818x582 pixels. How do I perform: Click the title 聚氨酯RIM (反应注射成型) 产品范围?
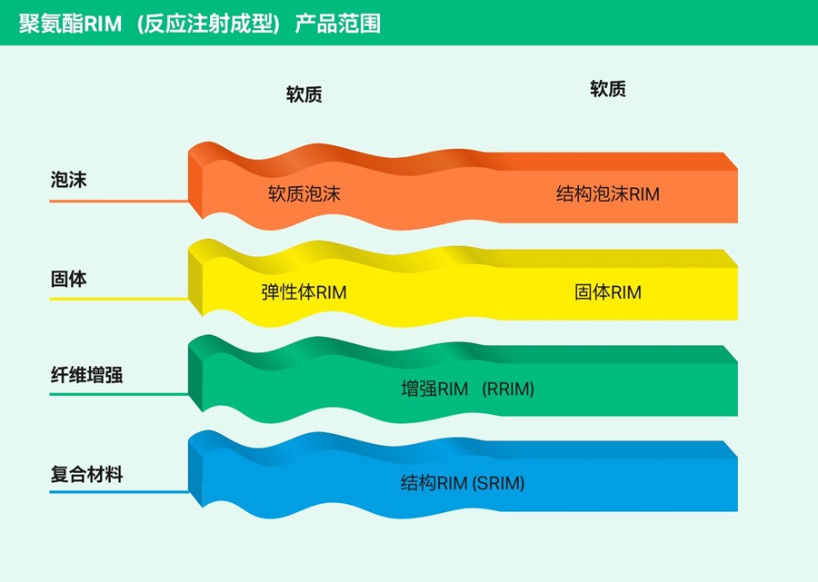[200, 24]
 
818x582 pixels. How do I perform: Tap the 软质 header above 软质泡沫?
[304, 94]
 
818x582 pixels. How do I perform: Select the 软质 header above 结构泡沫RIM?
[608, 89]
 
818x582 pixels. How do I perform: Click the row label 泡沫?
[68, 180]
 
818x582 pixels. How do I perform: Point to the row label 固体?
[68, 279]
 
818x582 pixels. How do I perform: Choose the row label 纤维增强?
[86, 375]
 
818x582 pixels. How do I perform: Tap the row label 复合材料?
[86, 474]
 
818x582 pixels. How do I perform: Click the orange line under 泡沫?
[119, 201]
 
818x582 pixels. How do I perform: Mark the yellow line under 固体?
[119, 299]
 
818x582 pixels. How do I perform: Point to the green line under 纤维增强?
[119, 394]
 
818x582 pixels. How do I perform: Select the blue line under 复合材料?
[119, 491]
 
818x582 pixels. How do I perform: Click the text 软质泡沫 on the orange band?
[304, 193]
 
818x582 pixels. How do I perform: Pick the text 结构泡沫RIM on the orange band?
[608, 193]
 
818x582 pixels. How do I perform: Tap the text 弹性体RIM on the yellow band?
[304, 291]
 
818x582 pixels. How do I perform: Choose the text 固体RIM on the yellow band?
[608, 291]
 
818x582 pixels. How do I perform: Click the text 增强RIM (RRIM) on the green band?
[467, 389]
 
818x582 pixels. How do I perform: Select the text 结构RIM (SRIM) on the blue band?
[463, 483]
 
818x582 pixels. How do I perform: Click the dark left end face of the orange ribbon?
[195, 185]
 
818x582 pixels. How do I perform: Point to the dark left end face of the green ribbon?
[195, 379]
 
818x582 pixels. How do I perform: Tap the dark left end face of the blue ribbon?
[195, 475]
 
